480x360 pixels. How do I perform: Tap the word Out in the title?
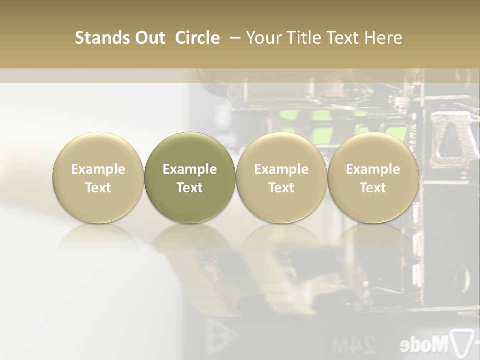149,38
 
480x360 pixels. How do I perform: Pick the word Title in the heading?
302,38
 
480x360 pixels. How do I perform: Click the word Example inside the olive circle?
190,169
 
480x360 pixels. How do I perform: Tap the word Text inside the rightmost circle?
373,188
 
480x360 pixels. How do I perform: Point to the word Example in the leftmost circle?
98,169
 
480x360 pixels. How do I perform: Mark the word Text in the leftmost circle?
98,188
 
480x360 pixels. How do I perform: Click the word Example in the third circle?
281,169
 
